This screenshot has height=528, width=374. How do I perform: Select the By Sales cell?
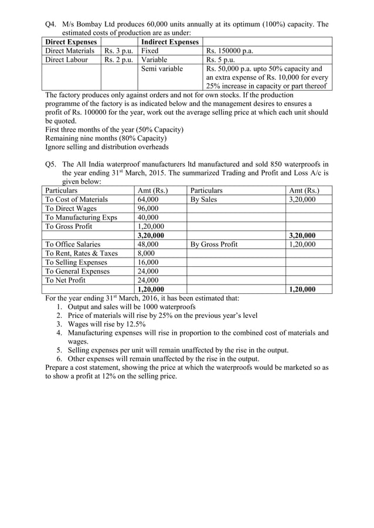point(203,200)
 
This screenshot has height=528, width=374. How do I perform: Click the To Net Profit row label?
point(65,280)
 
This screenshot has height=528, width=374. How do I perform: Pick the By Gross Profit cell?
point(214,244)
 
